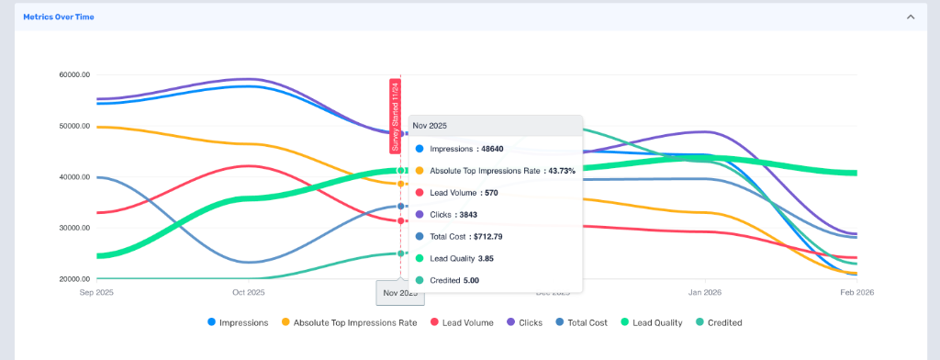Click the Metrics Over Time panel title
pyautogui.click(x=58, y=17)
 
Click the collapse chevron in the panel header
pyautogui.click(x=910, y=17)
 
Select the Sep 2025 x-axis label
pyautogui.click(x=98, y=292)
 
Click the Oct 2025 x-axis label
pyautogui.click(x=249, y=292)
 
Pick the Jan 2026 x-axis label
pyautogui.click(x=704, y=292)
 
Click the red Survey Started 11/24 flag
pyautogui.click(x=395, y=115)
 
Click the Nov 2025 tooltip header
pyautogui.click(x=431, y=125)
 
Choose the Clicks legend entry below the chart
pyautogui.click(x=523, y=322)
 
